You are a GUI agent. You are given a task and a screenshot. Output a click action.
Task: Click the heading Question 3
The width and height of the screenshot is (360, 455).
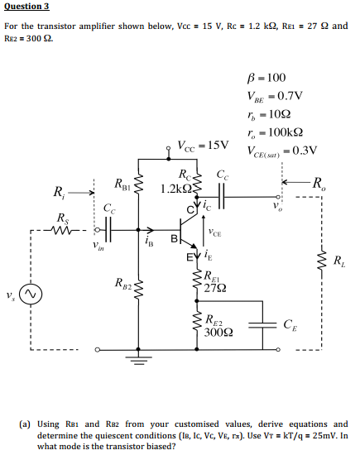click(x=26, y=7)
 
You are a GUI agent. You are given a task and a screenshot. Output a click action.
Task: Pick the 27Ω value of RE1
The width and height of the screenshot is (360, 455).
click(x=217, y=287)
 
